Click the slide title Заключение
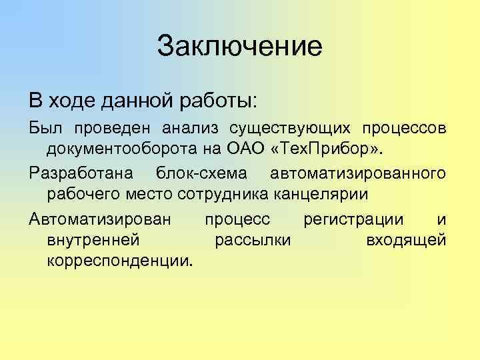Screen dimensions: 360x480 tap(240, 46)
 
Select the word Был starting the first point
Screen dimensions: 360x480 tap(43, 127)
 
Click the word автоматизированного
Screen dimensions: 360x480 tap(358, 173)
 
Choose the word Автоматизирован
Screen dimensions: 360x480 tap(100, 219)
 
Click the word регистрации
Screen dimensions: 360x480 tap(353, 220)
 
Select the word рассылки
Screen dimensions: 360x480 tap(253, 239)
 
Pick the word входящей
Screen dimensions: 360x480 tap(406, 239)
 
